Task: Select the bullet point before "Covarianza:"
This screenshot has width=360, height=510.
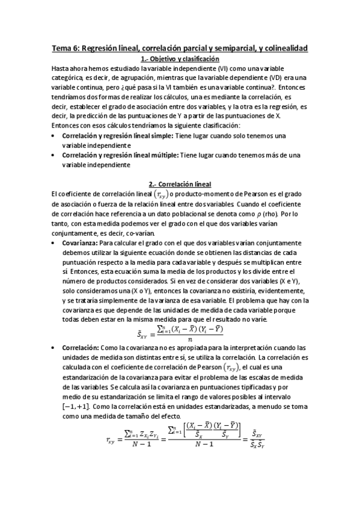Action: [x=56, y=243]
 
